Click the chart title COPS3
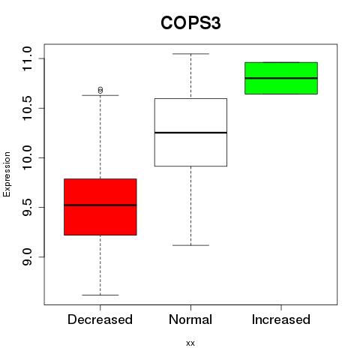[x=190, y=23]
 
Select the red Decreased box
[x=100, y=207]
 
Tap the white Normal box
[x=190, y=132]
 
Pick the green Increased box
[x=281, y=78]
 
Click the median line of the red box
[x=100, y=205]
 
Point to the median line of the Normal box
[x=190, y=133]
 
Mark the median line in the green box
[x=281, y=78]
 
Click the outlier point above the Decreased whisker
[x=100, y=90]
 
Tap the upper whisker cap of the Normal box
[x=191, y=54]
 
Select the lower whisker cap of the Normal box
[x=191, y=245]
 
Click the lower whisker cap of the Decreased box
[x=100, y=295]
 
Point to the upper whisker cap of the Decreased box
[x=100, y=95]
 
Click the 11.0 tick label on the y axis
[x=27, y=58]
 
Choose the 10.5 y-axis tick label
[x=27, y=108]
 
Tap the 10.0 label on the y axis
[x=27, y=157]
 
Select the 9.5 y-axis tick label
[x=27, y=207]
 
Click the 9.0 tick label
[x=27, y=256]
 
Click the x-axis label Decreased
[x=100, y=319]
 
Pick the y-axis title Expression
[x=7, y=174]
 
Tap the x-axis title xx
[x=190, y=343]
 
